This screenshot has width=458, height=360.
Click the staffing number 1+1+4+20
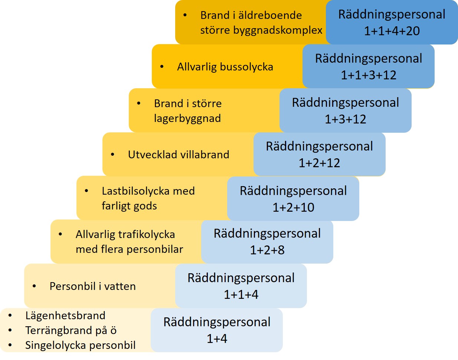[392, 31]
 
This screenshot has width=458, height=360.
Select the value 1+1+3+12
[369, 75]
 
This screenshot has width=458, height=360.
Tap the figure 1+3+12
[346, 119]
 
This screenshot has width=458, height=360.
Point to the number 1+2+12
[319, 163]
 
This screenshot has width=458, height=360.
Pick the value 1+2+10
[293, 207]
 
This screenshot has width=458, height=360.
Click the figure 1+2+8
[267, 250]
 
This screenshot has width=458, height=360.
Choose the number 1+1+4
[241, 294]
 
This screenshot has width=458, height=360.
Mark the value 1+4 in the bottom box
[217, 338]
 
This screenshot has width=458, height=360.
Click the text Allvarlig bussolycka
[225, 67]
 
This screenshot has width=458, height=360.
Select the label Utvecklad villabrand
[179, 155]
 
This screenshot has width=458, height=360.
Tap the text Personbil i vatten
[92, 286]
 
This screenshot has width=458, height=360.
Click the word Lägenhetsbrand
[65, 316]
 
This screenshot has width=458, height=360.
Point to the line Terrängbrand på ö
[71, 330]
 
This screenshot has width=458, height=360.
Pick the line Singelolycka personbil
[80, 345]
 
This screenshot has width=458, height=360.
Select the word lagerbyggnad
[187, 118]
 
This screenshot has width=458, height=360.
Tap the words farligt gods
[129, 206]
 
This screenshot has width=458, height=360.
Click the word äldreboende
[270, 15]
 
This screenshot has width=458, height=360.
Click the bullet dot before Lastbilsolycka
[86, 191]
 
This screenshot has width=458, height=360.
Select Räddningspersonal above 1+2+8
[267, 234]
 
